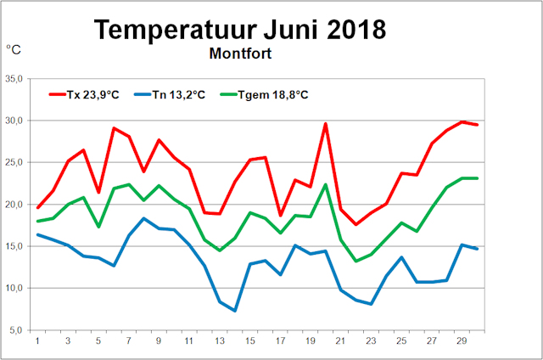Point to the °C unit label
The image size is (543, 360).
coord(15,50)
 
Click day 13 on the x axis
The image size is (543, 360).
coord(219,341)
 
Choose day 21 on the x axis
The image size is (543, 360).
coord(340,341)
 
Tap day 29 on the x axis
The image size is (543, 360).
coord(462,341)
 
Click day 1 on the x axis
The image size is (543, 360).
coord(37,341)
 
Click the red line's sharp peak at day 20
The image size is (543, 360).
coord(325,124)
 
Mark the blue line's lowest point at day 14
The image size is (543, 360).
coord(234,311)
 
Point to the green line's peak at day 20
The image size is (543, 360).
coord(325,185)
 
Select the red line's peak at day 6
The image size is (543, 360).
coord(114,128)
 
